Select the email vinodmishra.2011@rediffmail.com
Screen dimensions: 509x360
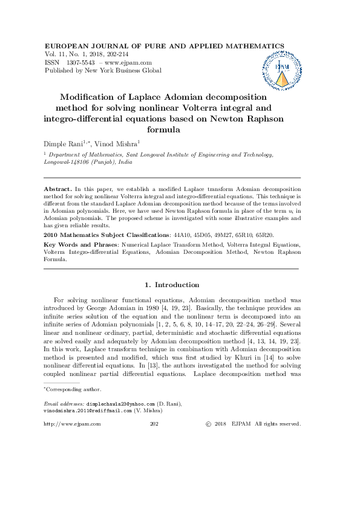tap(87, 410)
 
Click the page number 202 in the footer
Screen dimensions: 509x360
tap(154, 424)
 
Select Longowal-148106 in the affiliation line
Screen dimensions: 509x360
tap(67, 163)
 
